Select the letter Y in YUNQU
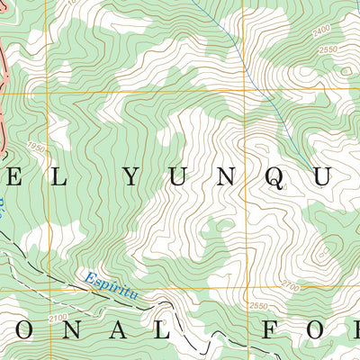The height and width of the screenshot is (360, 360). (131, 178)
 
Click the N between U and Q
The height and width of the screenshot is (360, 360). (229, 178)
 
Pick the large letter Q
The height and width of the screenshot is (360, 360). (278, 179)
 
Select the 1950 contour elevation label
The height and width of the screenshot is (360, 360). (35, 147)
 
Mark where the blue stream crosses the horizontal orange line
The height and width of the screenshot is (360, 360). (267, 92)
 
